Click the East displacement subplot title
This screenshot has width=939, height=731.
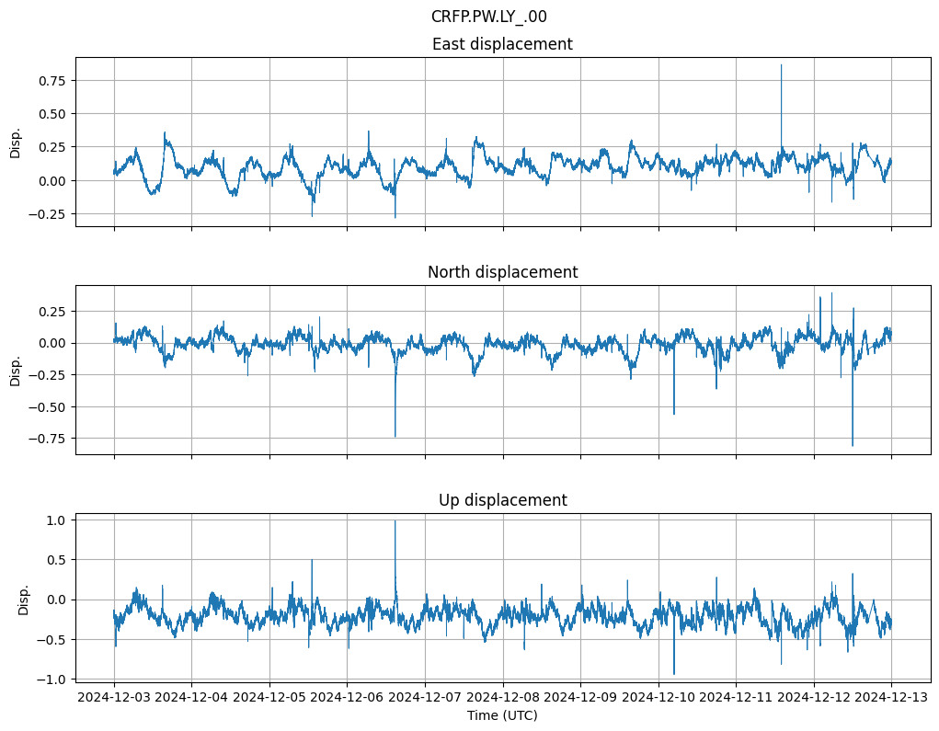point(502,44)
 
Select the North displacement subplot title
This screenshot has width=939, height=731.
point(502,272)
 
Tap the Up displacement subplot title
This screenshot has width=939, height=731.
point(502,500)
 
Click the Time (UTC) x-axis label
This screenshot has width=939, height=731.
point(502,714)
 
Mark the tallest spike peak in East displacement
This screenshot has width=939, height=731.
point(782,65)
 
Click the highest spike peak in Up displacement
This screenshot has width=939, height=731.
point(395,521)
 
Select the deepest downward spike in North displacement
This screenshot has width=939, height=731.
point(853,445)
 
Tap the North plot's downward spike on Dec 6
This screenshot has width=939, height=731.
point(395,436)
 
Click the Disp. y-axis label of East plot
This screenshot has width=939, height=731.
point(16,143)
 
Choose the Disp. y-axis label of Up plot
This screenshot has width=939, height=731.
point(24,599)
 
